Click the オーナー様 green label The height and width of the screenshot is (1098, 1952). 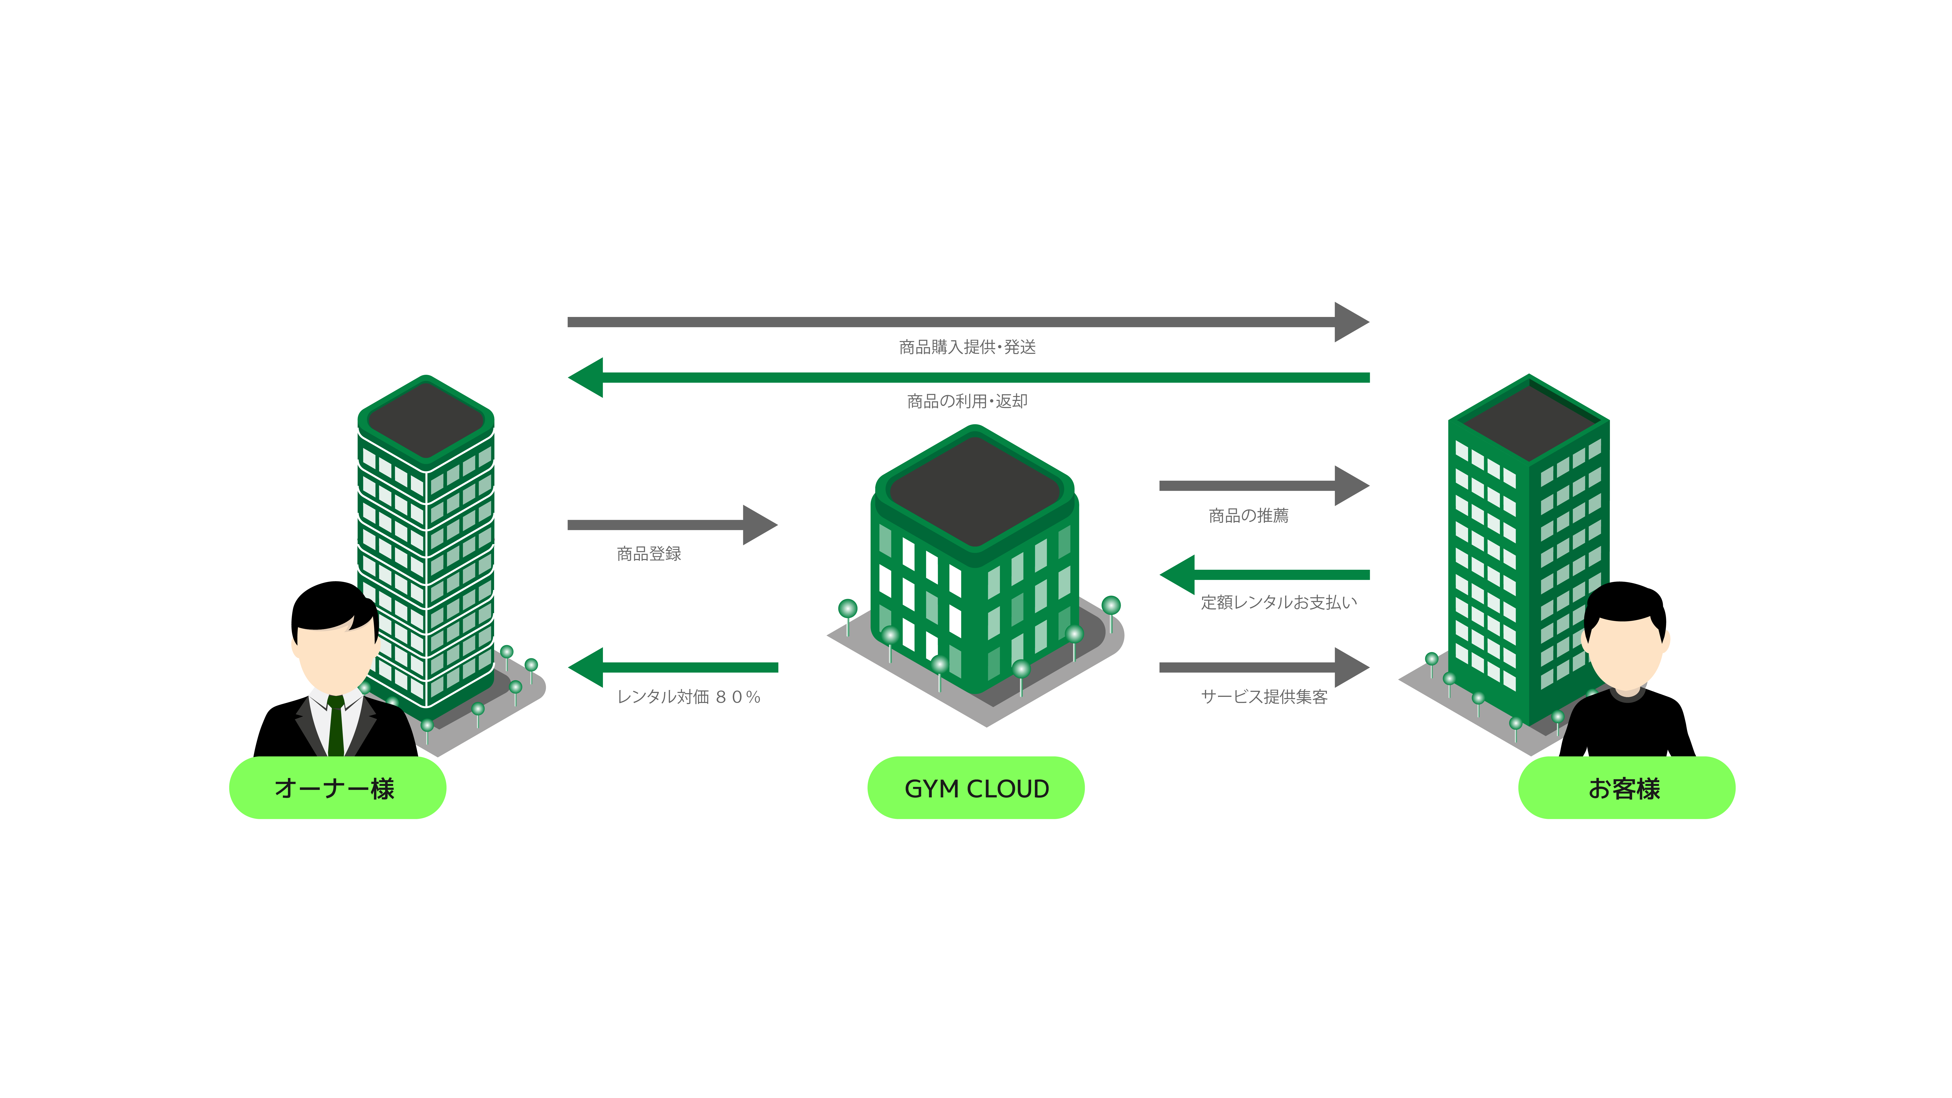(x=337, y=788)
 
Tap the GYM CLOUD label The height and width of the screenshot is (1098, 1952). (x=976, y=788)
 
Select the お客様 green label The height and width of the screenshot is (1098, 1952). (x=1626, y=788)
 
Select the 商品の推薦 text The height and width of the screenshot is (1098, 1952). (x=1248, y=516)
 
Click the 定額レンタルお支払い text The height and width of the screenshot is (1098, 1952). (x=1278, y=602)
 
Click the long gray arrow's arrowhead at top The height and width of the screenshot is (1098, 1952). (x=1350, y=322)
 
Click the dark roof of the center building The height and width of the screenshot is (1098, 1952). (x=975, y=489)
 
